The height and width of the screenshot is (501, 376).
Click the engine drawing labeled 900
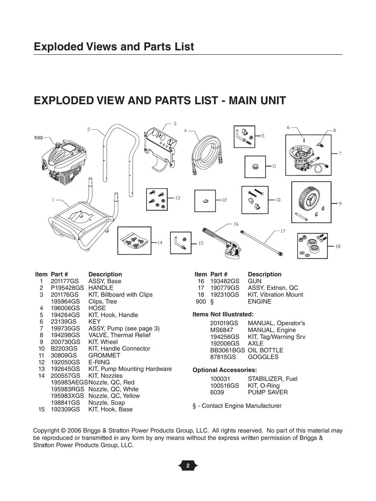(x=62, y=166)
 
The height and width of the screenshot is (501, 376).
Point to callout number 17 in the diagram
(x=283, y=231)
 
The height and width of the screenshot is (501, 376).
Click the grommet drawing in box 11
(x=255, y=166)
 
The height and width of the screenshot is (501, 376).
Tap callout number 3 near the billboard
(x=175, y=124)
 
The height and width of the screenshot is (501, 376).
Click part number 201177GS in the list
(x=64, y=281)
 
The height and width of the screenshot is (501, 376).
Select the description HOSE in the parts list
(x=97, y=308)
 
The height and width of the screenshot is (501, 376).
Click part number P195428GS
(x=67, y=288)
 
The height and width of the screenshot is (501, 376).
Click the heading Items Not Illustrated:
(x=223, y=314)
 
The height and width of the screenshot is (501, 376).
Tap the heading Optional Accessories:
(x=225, y=370)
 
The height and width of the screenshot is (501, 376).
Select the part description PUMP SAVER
(x=267, y=392)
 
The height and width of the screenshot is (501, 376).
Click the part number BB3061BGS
(x=227, y=350)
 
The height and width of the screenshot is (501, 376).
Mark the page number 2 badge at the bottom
(x=188, y=466)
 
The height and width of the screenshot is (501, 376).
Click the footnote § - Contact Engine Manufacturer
(x=237, y=406)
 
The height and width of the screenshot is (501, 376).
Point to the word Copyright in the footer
(x=46, y=431)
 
